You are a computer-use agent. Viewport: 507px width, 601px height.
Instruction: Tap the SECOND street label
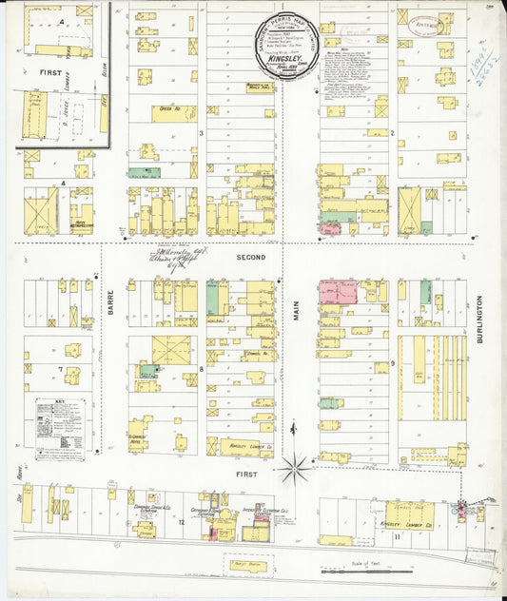(x=252, y=257)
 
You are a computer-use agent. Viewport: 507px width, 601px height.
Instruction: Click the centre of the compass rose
(x=295, y=466)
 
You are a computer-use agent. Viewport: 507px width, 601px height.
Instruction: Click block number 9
(x=392, y=364)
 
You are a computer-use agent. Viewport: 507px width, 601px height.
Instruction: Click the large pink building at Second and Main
(x=339, y=291)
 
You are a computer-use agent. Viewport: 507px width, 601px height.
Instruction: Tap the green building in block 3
(x=143, y=174)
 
